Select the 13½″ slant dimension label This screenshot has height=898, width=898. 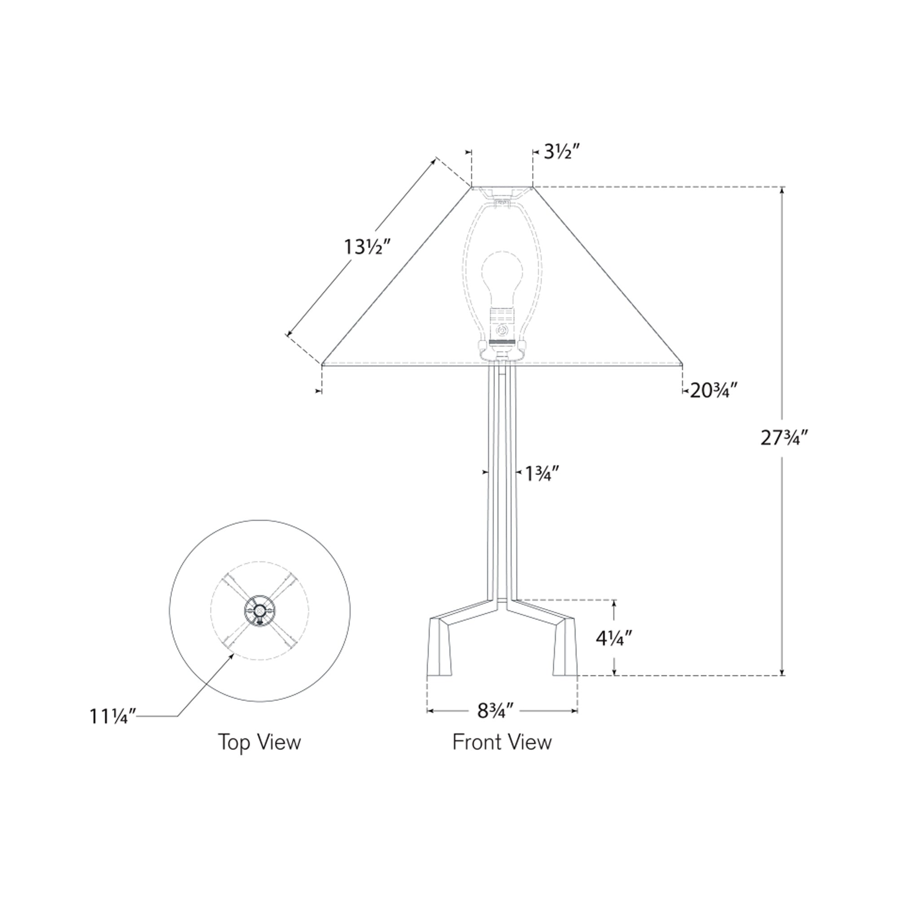(x=365, y=247)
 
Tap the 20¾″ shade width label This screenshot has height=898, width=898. (x=714, y=391)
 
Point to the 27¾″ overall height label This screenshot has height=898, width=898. (x=785, y=437)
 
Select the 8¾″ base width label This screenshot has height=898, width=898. (x=496, y=711)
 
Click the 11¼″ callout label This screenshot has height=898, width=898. (x=113, y=716)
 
